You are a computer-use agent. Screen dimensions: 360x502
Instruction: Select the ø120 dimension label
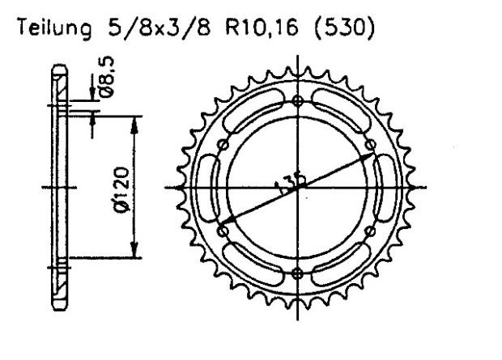click(x=122, y=186)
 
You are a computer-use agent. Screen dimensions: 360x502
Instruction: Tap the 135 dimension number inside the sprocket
click(x=287, y=185)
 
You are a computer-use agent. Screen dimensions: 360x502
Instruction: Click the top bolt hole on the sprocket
click(x=298, y=101)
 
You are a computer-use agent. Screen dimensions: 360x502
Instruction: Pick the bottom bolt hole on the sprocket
click(x=298, y=272)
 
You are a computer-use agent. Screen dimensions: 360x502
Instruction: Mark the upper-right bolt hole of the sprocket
click(x=372, y=144)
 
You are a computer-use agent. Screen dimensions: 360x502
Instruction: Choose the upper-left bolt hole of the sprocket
click(x=224, y=144)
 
